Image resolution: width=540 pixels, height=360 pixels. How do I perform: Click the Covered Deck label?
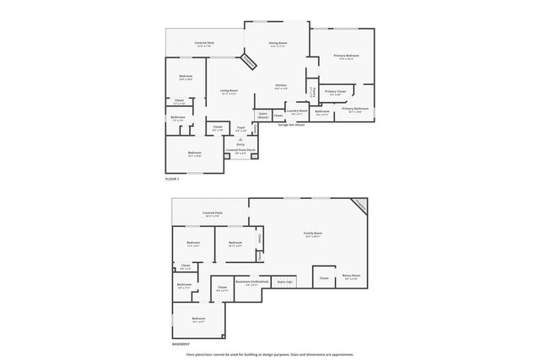click(x=204, y=43)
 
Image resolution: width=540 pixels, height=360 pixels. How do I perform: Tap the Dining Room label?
click(x=278, y=43)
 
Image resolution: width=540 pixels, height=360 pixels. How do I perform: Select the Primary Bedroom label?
click(x=343, y=56)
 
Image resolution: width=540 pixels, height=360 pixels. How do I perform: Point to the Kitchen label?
click(x=282, y=86)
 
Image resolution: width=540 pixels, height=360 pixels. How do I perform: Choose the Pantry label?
click(x=311, y=90)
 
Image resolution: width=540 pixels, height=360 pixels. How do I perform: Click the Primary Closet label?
click(x=335, y=92)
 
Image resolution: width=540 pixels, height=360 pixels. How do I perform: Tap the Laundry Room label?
click(x=296, y=110)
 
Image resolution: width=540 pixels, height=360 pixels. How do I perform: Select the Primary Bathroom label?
click(x=355, y=109)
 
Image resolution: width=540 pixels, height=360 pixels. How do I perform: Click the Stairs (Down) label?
click(x=262, y=115)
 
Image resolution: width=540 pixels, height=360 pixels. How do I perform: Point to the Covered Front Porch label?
click(x=240, y=151)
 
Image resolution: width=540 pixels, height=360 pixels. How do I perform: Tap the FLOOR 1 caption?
click(x=172, y=180)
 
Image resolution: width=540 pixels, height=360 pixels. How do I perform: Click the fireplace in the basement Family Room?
click(x=360, y=205)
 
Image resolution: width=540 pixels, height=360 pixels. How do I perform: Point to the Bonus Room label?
click(x=352, y=276)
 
